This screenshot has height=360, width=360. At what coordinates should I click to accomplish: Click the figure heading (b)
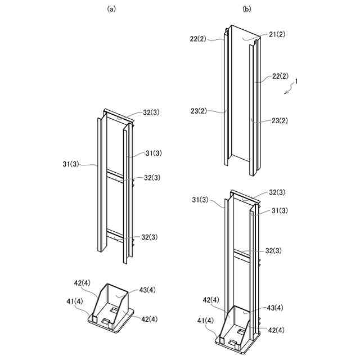(246, 9)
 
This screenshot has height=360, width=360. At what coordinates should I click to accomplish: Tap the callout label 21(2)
(277, 35)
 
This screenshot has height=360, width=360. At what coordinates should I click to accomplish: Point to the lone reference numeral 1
(296, 80)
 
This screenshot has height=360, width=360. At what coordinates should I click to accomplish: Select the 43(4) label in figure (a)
(148, 290)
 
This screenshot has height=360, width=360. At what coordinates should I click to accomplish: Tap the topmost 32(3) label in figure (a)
(151, 112)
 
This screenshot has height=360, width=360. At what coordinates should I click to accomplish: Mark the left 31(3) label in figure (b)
(201, 200)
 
